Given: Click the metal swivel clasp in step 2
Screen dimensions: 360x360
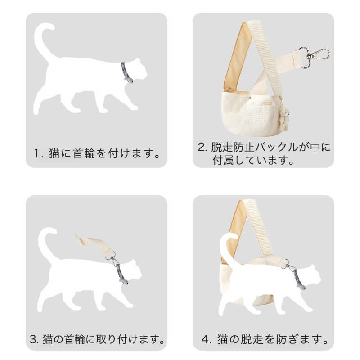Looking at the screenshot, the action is coord(314,57).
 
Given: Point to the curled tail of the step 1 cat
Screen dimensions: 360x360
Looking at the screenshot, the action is coord(44,42).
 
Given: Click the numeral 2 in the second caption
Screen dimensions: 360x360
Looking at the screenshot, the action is coord(202,147).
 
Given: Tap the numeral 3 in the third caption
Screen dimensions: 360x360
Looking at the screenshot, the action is coord(33,339).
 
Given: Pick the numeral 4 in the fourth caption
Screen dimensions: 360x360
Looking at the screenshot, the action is coord(205,339).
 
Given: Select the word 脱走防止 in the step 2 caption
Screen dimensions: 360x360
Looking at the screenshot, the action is coord(233,147).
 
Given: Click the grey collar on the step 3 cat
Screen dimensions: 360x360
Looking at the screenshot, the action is coord(121,274).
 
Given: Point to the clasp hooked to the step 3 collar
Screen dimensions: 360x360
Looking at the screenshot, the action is coord(112,258).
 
